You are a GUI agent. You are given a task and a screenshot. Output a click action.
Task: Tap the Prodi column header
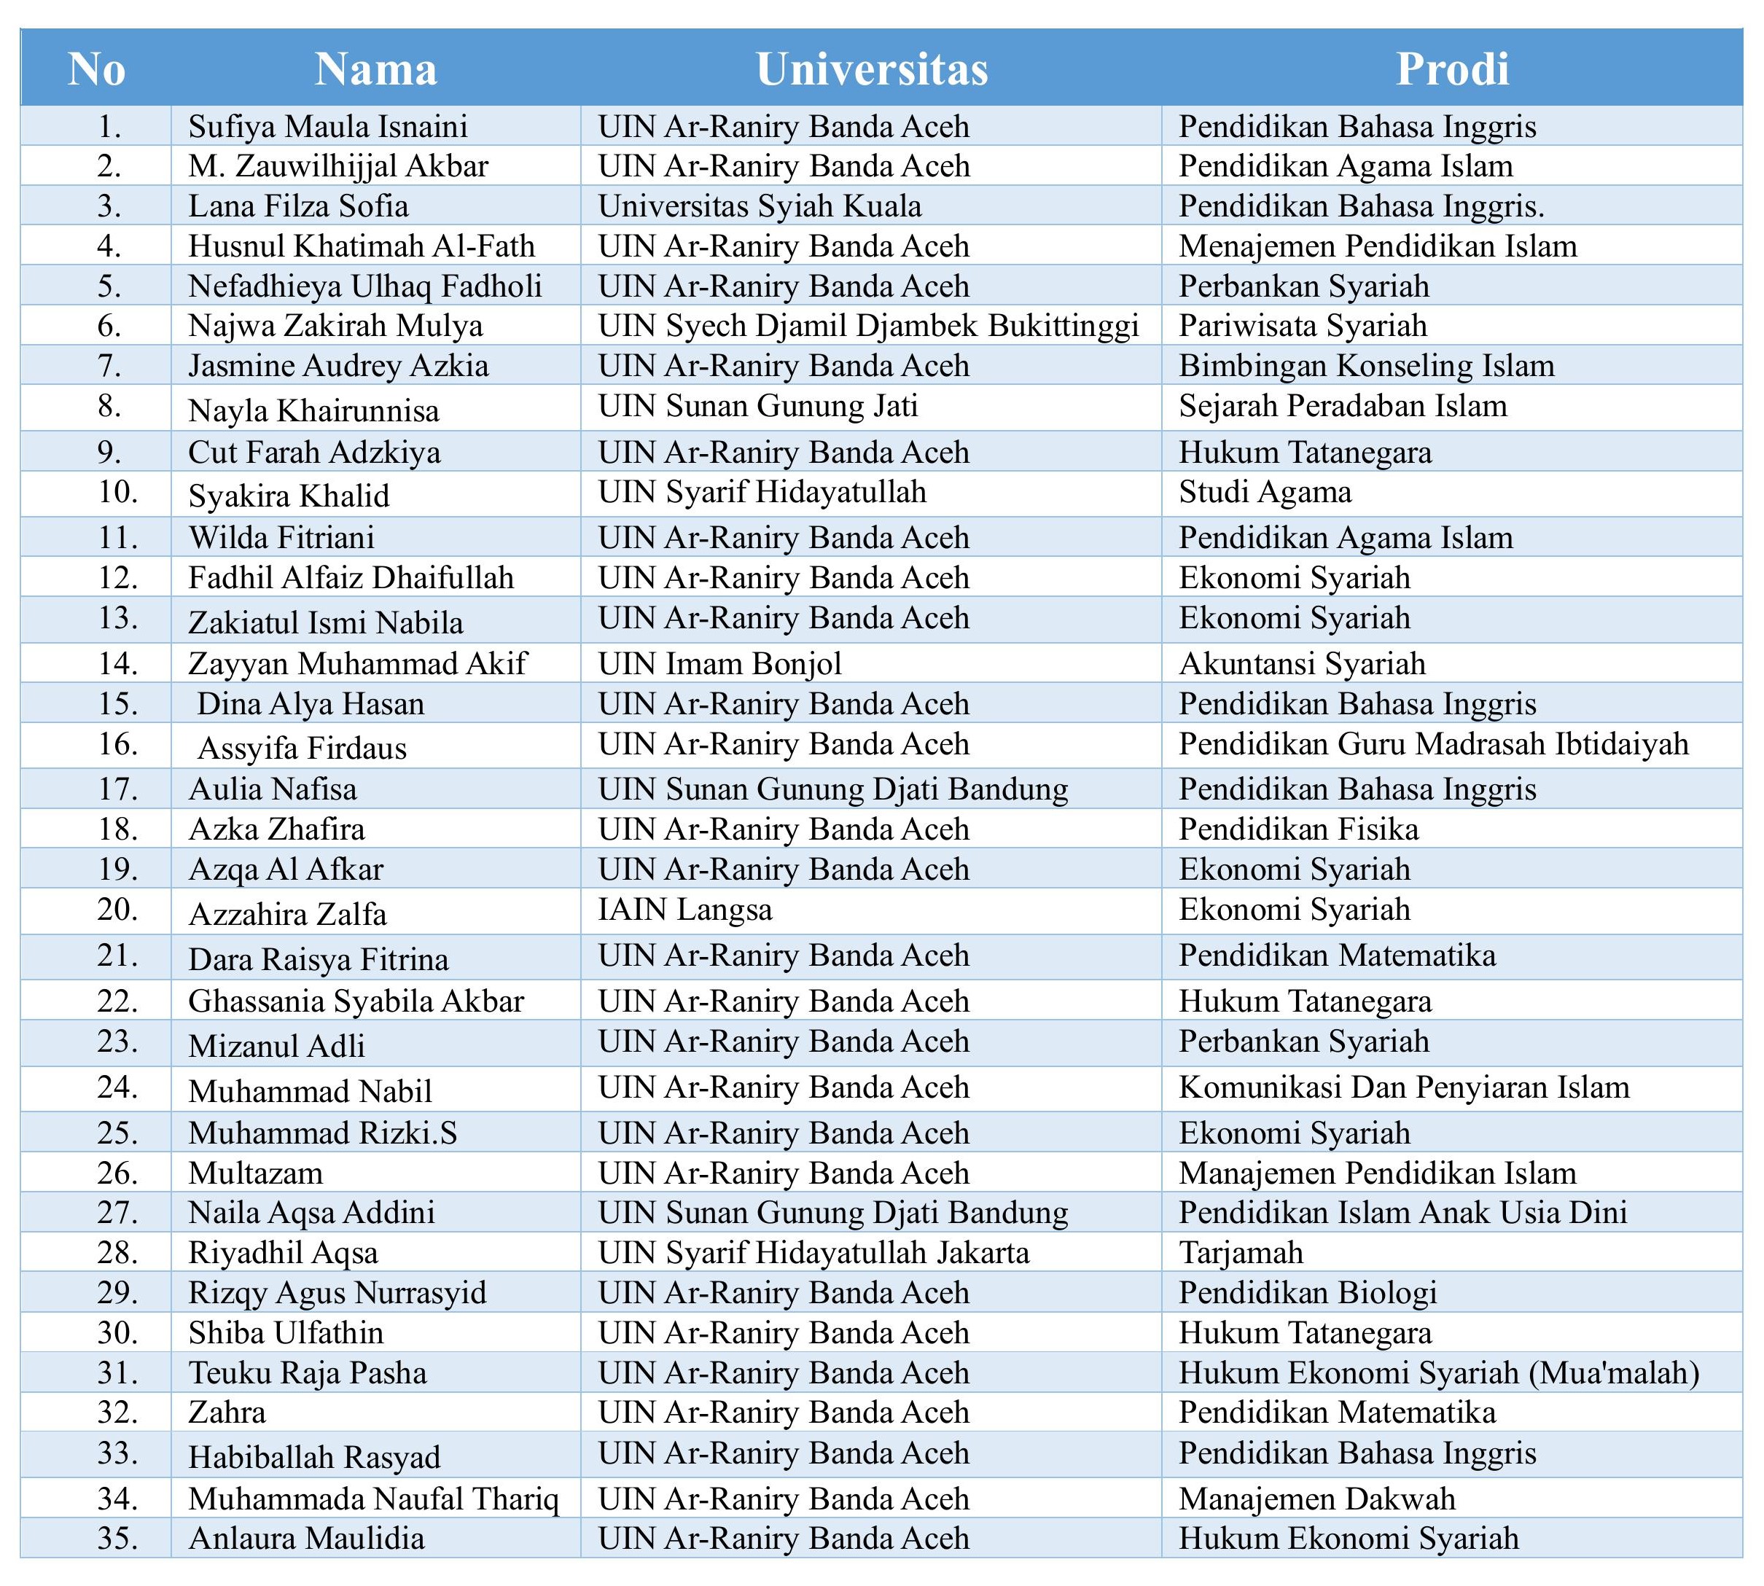click(1452, 69)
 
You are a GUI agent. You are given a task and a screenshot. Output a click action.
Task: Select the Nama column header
click(375, 69)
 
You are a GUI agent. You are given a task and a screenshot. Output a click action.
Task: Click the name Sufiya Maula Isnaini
click(328, 126)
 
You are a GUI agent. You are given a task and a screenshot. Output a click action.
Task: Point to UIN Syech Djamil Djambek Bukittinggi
click(868, 326)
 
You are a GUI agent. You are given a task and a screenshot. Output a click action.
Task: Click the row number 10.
click(117, 493)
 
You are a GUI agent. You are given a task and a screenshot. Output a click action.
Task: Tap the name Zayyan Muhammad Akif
click(357, 663)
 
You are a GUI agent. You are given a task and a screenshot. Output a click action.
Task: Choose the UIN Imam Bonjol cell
click(720, 663)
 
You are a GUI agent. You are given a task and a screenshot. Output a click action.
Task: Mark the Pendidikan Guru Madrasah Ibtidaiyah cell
click(1433, 744)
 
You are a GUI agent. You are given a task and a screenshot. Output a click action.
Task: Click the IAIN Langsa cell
click(685, 910)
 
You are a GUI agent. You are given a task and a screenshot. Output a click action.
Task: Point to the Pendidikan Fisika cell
click(1299, 829)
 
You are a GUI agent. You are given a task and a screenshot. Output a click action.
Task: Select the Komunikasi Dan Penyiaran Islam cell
click(1403, 1087)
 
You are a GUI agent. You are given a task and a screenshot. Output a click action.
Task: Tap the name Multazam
click(255, 1173)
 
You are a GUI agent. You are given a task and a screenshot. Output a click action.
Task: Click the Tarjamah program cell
click(1241, 1253)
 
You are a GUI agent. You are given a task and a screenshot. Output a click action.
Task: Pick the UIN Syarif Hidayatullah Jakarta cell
click(813, 1253)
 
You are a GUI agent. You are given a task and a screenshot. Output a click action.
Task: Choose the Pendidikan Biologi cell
click(1307, 1293)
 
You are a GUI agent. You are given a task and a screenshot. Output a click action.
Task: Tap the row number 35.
click(117, 1539)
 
